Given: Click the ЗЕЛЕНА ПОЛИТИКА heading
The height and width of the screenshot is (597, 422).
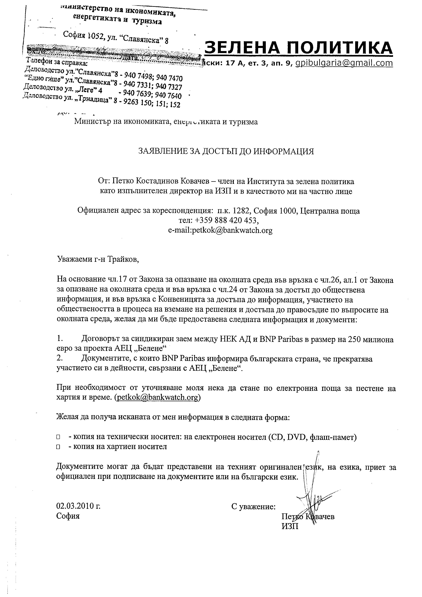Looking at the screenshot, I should (x=299, y=48).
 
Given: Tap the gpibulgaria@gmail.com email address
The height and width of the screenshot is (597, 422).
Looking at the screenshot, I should (x=344, y=63).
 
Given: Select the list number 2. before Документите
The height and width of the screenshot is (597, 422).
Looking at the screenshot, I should (x=60, y=359).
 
